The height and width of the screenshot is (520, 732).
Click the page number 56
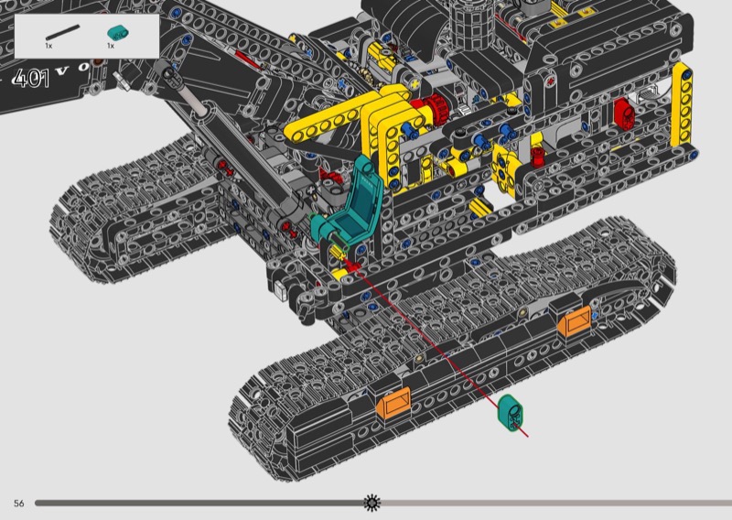tap(18, 504)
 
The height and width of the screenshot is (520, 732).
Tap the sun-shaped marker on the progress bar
tap(372, 503)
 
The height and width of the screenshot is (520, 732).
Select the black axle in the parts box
tap(62, 32)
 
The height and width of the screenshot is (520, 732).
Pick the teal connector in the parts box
tap(118, 33)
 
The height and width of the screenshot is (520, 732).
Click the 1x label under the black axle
tap(48, 46)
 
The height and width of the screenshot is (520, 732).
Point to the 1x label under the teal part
tap(111, 46)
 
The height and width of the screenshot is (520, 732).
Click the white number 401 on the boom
tap(31, 79)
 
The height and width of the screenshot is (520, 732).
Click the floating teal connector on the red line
tap(510, 412)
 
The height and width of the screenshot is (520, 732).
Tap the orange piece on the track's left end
tap(393, 402)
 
